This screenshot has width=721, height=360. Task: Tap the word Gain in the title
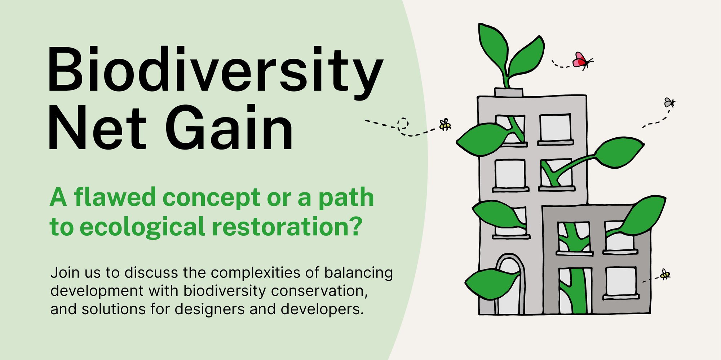pos(229,128)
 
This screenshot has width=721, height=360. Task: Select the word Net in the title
pos(97,128)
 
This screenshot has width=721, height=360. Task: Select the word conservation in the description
pos(319,291)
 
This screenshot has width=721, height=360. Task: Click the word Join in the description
pos(65,273)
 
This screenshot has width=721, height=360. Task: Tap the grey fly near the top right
pos(669,103)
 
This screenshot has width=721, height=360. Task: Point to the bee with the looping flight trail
pos(445,125)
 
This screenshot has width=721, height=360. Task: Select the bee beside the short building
pos(665,275)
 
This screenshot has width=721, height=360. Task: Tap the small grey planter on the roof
pos(508,92)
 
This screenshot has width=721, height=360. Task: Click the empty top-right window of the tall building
pos(555,128)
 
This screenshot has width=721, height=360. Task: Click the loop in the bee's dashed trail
pos(403,124)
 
